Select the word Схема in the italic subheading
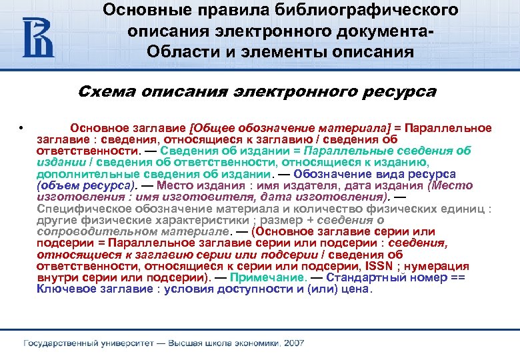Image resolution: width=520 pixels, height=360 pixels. (x=107, y=91)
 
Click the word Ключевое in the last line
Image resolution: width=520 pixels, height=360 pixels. (x=62, y=289)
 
